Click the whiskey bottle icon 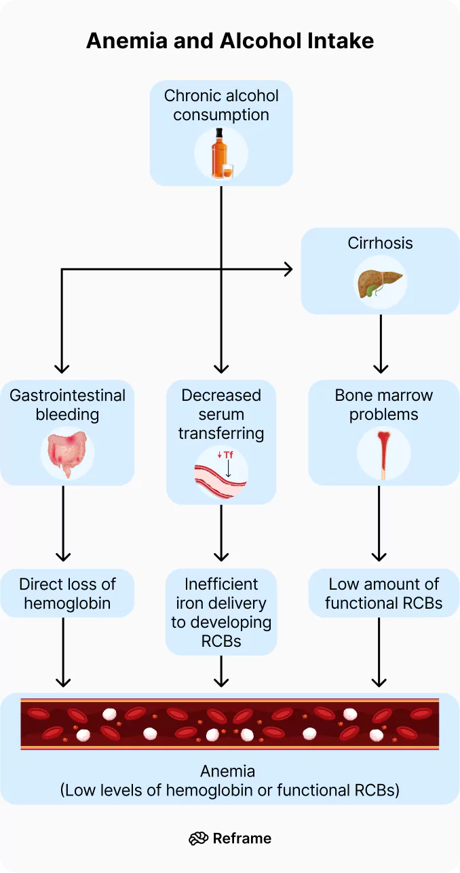[x=218, y=153]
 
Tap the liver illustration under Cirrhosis [x=380, y=283]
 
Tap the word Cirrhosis [x=380, y=243]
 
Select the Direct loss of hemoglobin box [x=67, y=593]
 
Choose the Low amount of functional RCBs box [x=383, y=593]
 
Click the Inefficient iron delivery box [x=221, y=612]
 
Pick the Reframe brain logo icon [x=198, y=838]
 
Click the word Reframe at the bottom [x=242, y=838]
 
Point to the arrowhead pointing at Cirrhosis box [x=288, y=270]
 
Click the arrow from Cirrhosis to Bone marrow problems [x=381, y=343]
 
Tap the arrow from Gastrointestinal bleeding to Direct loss [x=63, y=523]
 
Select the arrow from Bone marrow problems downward [x=379, y=523]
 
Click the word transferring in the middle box [x=221, y=433]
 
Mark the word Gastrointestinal [x=67, y=395]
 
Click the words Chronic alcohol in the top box [x=221, y=96]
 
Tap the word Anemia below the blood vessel [x=228, y=771]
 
